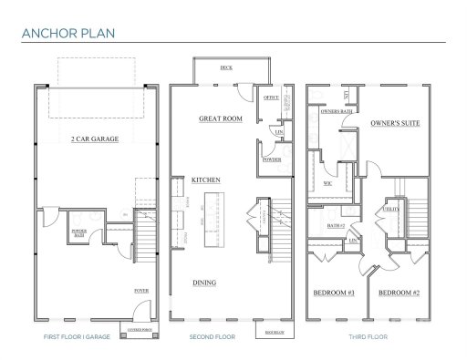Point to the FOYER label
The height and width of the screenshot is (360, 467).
[141, 291]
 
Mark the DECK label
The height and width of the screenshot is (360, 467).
[226, 68]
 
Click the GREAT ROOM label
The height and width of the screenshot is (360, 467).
[220, 118]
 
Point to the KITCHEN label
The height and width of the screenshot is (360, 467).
[205, 180]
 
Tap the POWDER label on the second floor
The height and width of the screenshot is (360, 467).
[271, 159]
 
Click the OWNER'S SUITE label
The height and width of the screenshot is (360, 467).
[395, 122]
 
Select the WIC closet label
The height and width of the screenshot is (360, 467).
[327, 184]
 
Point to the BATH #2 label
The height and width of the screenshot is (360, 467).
[335, 225]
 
